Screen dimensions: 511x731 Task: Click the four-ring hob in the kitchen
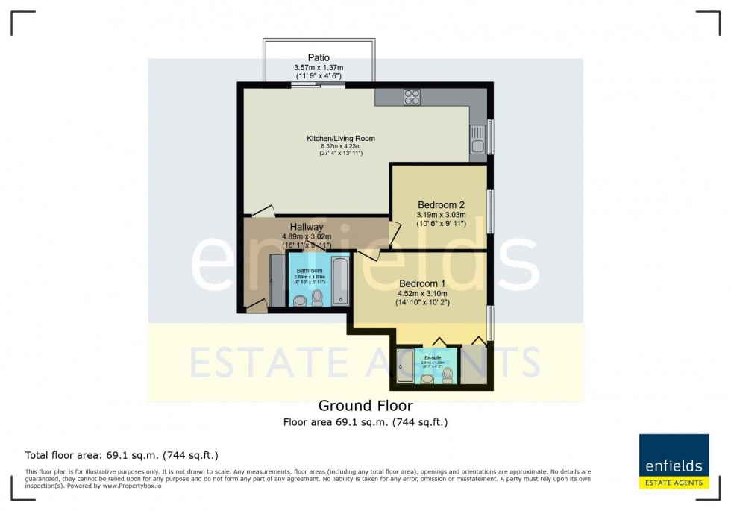pyautogui.click(x=412, y=97)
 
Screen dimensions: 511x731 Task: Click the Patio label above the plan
pyautogui.click(x=319, y=57)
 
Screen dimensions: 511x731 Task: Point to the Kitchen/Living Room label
pyautogui.click(x=341, y=139)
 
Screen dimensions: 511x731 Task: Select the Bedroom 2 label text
pyautogui.click(x=441, y=205)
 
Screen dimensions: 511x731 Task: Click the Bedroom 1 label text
pyautogui.click(x=422, y=283)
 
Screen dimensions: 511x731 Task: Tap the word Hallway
pyautogui.click(x=307, y=227)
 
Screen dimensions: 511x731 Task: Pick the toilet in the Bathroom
pyautogui.click(x=317, y=298)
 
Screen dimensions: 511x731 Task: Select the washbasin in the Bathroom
pyautogui.click(x=300, y=301)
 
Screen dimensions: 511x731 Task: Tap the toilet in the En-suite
pyautogui.click(x=448, y=376)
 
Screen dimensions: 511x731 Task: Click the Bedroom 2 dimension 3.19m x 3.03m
pyautogui.click(x=441, y=216)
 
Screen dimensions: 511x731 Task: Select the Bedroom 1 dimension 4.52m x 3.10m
pyautogui.click(x=422, y=294)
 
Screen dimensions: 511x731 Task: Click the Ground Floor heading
pyautogui.click(x=365, y=406)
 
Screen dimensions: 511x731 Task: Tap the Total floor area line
pyautogui.click(x=122, y=455)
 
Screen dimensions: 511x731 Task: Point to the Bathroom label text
pyautogui.click(x=310, y=270)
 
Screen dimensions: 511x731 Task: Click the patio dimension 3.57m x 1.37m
pyautogui.click(x=319, y=68)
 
